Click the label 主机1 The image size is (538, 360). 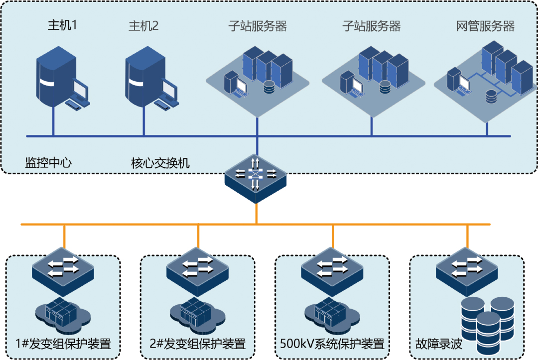pos(62,25)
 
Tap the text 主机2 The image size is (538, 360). pos(143,26)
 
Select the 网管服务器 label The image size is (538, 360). pos(485,26)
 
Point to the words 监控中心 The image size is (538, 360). pos(48,163)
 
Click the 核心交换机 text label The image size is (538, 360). pos(160,163)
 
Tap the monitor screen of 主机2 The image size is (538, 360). pos(168,89)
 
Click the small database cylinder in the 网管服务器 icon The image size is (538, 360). pos(491,96)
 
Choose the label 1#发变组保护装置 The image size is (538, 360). pos(63,344)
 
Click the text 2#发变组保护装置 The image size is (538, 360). pos(198,344)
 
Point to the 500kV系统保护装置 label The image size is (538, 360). pos(332,344)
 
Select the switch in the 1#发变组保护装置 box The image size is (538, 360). pos(63,269)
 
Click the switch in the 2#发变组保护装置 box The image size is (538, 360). pos(198,269)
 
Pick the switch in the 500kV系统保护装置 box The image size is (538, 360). pos(332,269)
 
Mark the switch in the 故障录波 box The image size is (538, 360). pos(467,269)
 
